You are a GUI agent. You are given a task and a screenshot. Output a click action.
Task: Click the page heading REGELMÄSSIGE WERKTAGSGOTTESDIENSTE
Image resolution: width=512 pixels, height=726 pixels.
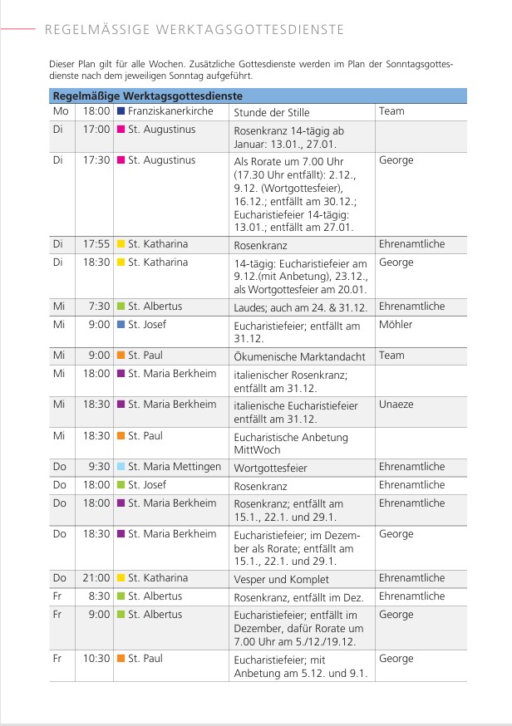(x=193, y=30)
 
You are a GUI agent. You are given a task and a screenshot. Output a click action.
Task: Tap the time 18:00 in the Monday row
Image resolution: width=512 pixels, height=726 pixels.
(x=96, y=110)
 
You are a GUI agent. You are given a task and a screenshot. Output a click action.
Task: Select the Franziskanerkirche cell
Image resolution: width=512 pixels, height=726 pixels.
(x=170, y=110)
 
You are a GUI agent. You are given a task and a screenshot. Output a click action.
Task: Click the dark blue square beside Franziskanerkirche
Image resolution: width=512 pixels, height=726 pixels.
(x=121, y=110)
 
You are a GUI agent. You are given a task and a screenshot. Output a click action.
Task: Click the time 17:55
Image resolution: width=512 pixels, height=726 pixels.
(x=96, y=244)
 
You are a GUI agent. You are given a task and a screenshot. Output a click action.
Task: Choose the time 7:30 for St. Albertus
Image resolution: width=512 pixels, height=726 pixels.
(x=100, y=307)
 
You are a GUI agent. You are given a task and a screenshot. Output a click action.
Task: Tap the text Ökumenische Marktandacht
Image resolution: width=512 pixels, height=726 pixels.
(x=299, y=356)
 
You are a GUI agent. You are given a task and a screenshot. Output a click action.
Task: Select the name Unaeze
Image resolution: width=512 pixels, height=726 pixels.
(x=396, y=405)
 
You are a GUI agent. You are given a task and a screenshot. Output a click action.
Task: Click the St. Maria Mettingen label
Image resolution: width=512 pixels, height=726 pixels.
(x=175, y=467)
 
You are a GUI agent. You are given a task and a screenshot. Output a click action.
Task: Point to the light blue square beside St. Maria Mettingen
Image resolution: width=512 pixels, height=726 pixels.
(x=121, y=467)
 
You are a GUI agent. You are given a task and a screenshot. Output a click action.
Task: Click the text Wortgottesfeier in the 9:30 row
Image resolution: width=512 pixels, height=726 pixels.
(x=270, y=468)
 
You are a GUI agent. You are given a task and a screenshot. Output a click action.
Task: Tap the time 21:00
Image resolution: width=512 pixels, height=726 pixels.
(x=96, y=577)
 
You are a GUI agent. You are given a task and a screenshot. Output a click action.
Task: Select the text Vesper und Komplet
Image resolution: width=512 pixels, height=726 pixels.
(x=281, y=579)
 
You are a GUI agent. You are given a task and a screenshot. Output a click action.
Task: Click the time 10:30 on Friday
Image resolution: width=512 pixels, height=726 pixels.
(x=96, y=658)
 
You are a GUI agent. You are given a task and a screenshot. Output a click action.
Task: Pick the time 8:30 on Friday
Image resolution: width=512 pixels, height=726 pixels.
(x=100, y=596)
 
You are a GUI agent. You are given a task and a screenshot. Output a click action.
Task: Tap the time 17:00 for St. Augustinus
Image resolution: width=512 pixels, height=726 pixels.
(x=96, y=129)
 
